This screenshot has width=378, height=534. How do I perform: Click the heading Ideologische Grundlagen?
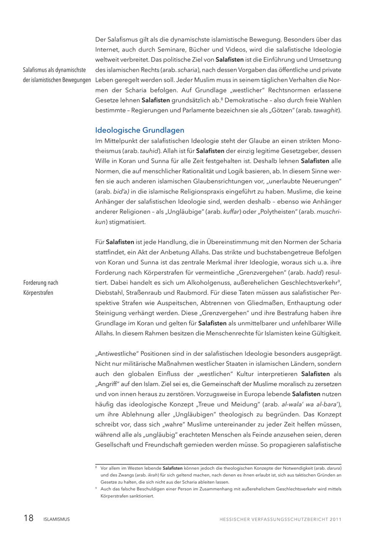[x=139, y=130]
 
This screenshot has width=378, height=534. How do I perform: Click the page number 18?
[x=29, y=518]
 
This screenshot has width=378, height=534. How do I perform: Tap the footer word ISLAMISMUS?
[x=57, y=519]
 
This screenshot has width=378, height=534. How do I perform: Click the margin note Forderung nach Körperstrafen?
[x=41, y=288]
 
